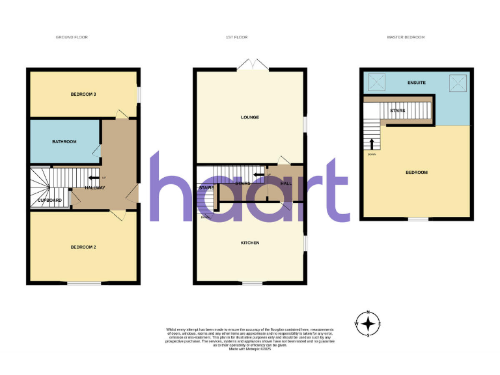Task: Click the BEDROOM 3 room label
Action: [x=83, y=94]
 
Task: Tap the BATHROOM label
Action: [x=64, y=141]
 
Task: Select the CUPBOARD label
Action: [x=49, y=200]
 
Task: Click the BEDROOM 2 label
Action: [x=83, y=247]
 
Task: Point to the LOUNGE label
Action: [x=250, y=117]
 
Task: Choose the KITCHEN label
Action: [x=250, y=243]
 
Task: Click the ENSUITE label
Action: [x=416, y=83]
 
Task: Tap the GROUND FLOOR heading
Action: [x=72, y=37]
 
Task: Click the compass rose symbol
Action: [x=368, y=324]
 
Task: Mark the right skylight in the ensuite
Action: [x=458, y=83]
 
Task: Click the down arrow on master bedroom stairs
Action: [x=372, y=144]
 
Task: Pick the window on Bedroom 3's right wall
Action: [x=137, y=94]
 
